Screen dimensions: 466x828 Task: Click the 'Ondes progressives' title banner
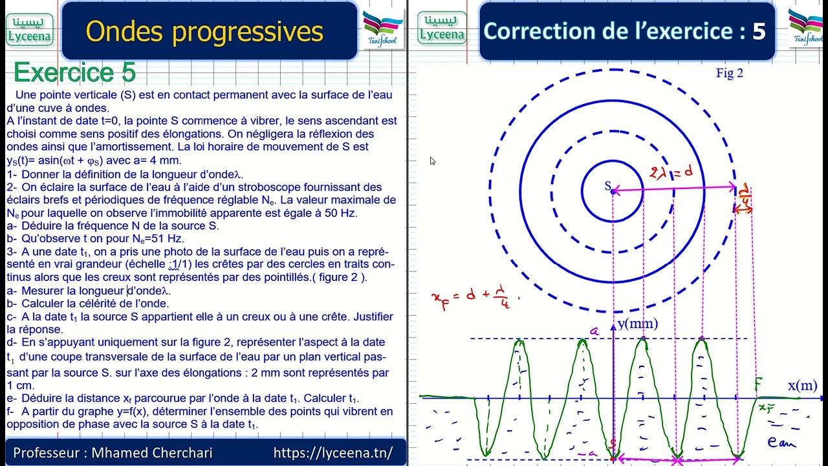click(x=204, y=31)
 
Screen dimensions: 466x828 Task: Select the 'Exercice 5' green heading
click(x=74, y=73)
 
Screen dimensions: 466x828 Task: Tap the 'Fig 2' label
click(x=729, y=73)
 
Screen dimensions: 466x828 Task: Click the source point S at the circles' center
click(x=613, y=191)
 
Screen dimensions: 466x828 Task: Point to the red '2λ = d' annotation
click(x=671, y=172)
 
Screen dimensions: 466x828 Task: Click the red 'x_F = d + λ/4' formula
click(x=475, y=299)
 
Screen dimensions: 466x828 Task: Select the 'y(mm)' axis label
click(x=637, y=324)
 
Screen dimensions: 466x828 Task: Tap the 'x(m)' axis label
click(x=802, y=385)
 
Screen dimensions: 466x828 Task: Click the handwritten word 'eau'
click(x=781, y=443)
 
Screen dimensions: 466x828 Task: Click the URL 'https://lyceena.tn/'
click(x=332, y=452)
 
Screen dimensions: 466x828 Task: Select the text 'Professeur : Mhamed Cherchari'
click(x=113, y=452)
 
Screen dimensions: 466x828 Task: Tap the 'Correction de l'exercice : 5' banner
click(x=624, y=31)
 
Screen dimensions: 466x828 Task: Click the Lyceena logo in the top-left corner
click(x=29, y=30)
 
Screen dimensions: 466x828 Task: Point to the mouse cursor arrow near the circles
click(x=432, y=161)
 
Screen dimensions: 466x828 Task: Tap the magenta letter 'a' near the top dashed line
click(x=593, y=331)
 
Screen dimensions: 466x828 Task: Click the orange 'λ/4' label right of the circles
click(x=745, y=196)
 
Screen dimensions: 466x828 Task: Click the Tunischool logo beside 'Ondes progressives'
click(x=383, y=28)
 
